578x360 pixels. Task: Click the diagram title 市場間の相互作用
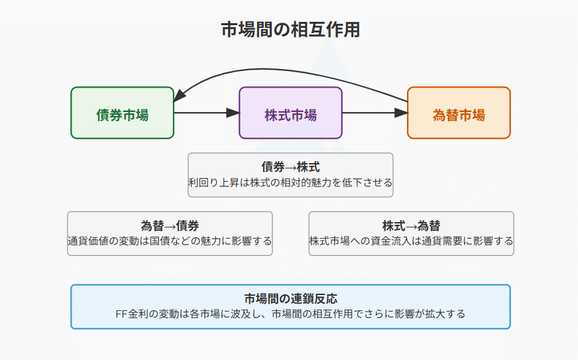pyautogui.click(x=290, y=30)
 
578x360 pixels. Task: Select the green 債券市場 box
pyautogui.click(x=123, y=113)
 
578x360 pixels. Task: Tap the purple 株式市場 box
pyautogui.click(x=290, y=113)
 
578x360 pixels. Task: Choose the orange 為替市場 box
pyautogui.click(x=459, y=113)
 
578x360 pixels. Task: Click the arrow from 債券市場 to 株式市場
pyautogui.click(x=206, y=113)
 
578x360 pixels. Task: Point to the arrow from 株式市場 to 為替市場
pyautogui.click(x=375, y=113)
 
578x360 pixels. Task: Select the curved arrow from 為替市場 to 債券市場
pyautogui.click(x=280, y=70)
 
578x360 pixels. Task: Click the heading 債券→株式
pyautogui.click(x=290, y=167)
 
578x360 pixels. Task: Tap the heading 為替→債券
pyautogui.click(x=170, y=225)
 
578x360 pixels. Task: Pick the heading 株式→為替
pyautogui.click(x=412, y=225)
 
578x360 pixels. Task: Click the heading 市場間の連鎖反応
pyautogui.click(x=290, y=298)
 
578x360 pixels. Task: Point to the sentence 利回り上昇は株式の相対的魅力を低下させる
pyautogui.click(x=290, y=182)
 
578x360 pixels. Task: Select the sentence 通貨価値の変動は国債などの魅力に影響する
pyautogui.click(x=170, y=241)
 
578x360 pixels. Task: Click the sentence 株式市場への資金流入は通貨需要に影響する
pyautogui.click(x=412, y=241)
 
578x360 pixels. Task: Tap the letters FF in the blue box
pyautogui.click(x=121, y=314)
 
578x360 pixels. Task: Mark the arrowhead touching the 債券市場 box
pyautogui.click(x=179, y=96)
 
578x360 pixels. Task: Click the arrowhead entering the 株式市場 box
pyautogui.click(x=233, y=113)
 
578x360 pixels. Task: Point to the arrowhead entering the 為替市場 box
pyautogui.click(x=401, y=113)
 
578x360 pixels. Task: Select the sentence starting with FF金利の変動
pyautogui.click(x=290, y=314)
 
